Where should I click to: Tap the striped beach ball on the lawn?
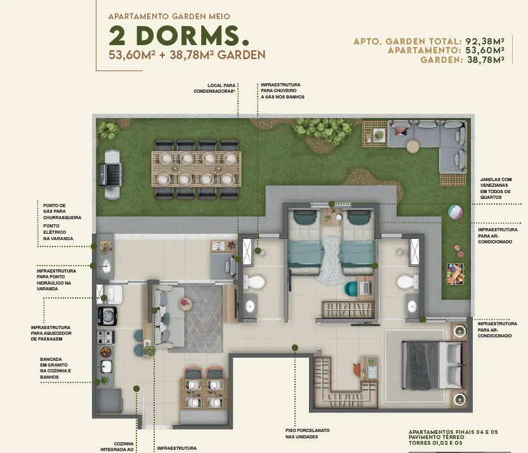[455, 212]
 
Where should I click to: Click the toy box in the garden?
[455, 274]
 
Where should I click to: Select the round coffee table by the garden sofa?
[412, 147]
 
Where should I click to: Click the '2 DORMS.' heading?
[179, 36]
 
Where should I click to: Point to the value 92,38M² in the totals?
[485, 41]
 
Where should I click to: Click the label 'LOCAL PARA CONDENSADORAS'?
[214, 88]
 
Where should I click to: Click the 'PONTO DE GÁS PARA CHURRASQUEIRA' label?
[62, 212]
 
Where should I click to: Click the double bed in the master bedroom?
[434, 365]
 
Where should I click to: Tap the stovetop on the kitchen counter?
[106, 337]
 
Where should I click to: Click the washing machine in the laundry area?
[107, 316]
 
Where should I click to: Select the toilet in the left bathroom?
[254, 282]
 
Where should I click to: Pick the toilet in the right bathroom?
[407, 282]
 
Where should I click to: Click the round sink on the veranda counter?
[105, 266]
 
